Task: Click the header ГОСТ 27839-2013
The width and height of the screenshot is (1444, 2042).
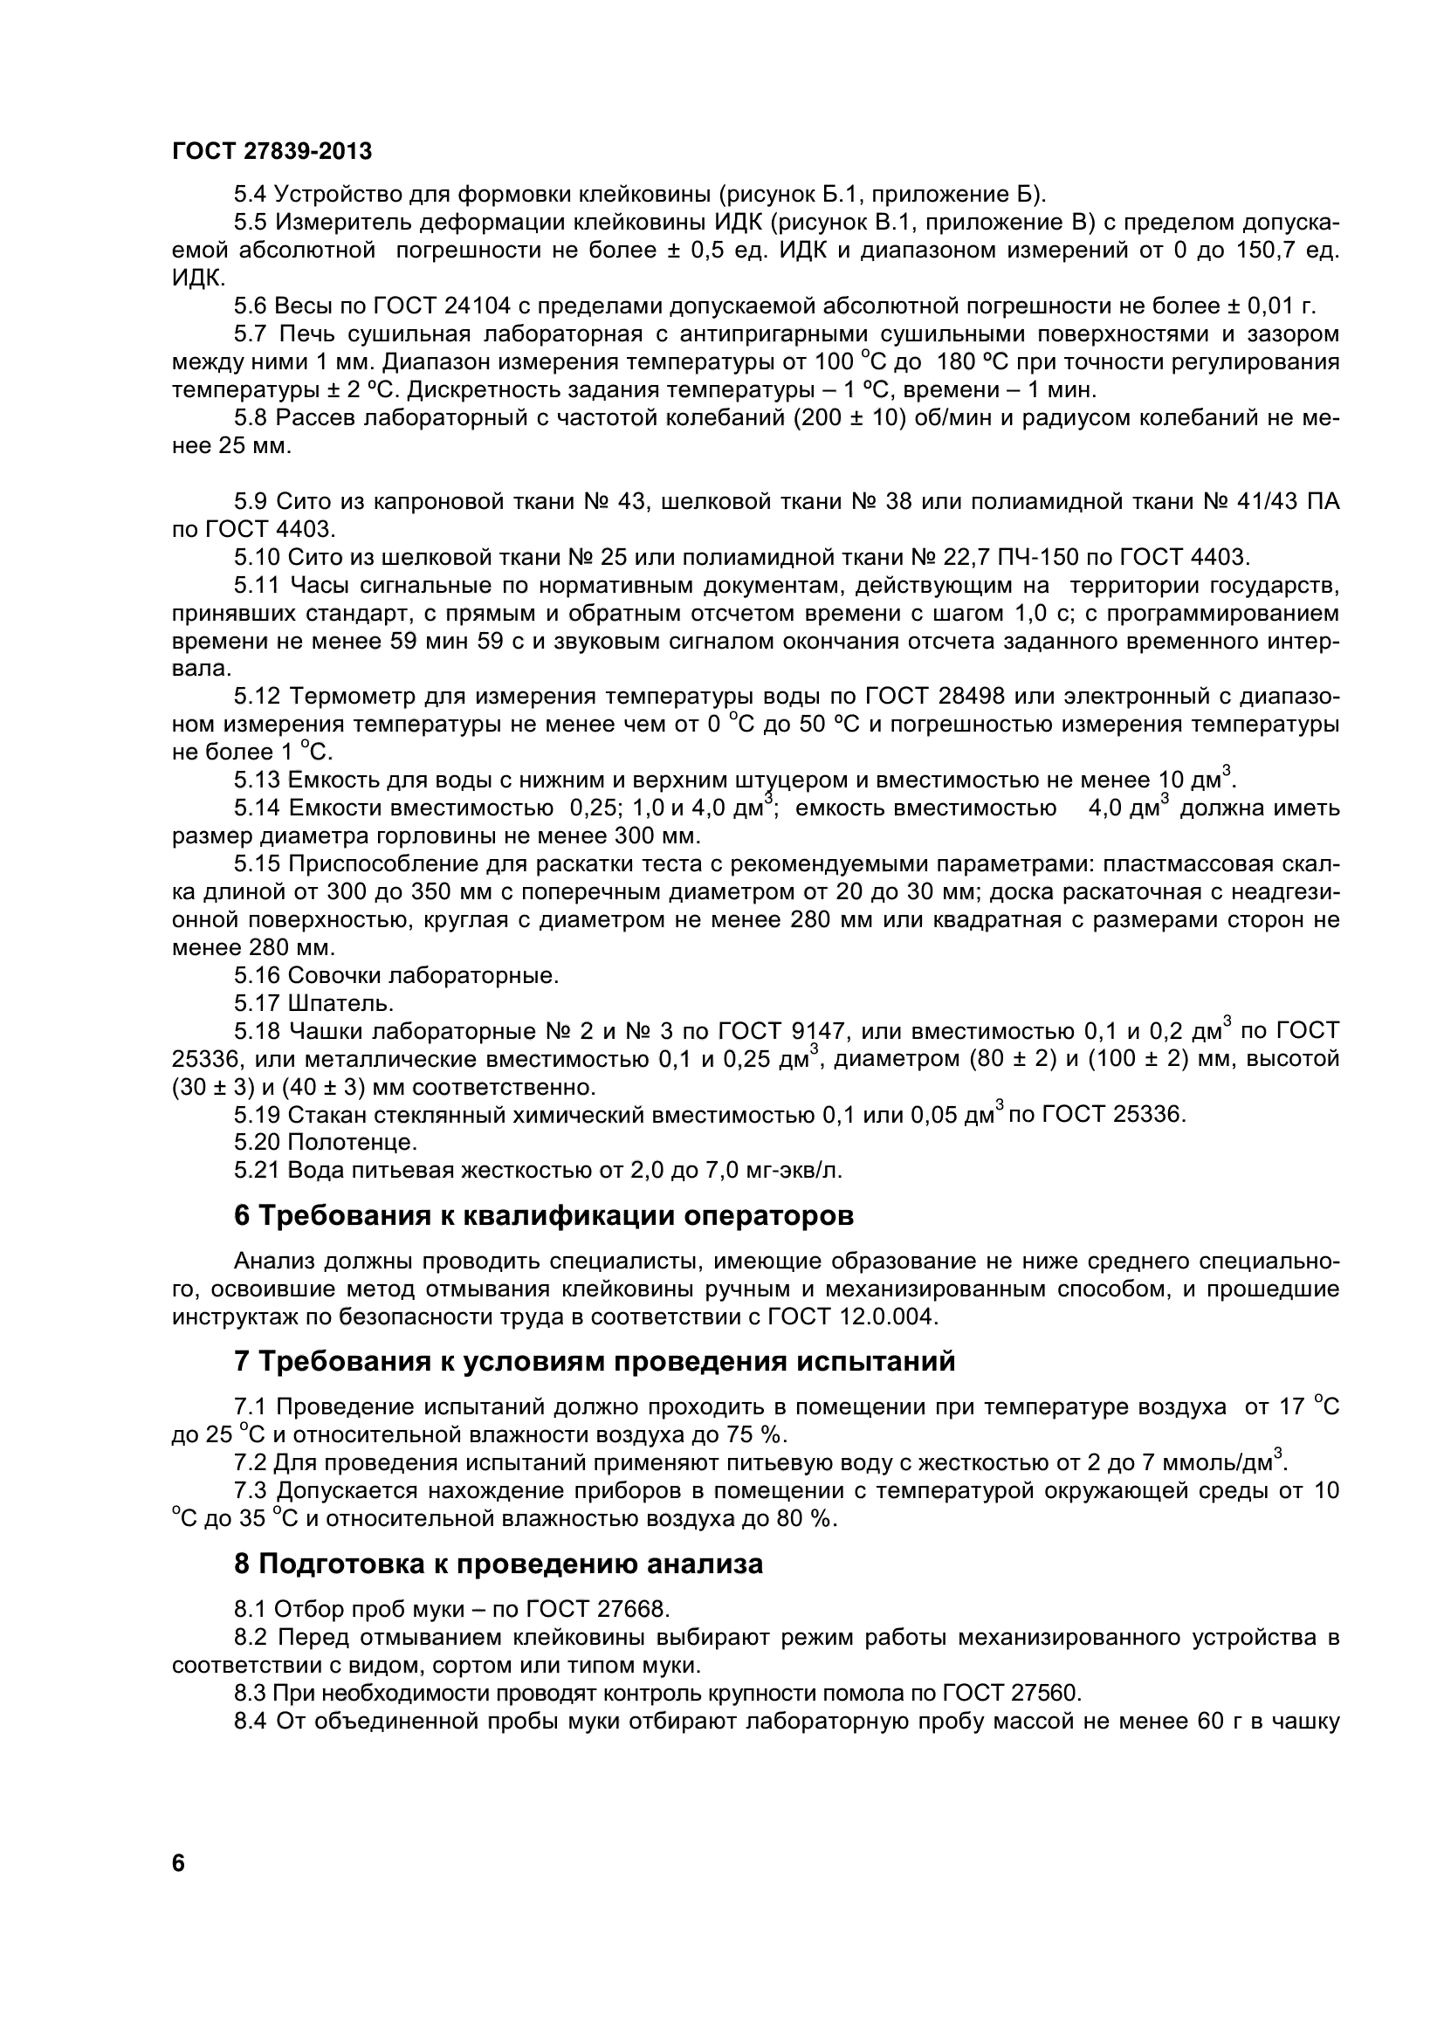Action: tap(272, 152)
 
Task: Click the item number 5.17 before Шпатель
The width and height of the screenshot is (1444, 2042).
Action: tap(257, 1004)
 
